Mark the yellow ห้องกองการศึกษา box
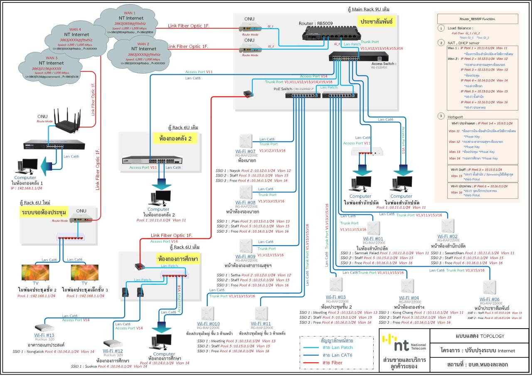177,258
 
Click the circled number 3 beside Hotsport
441,116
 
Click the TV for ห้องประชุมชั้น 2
35,273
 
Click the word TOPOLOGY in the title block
493,336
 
